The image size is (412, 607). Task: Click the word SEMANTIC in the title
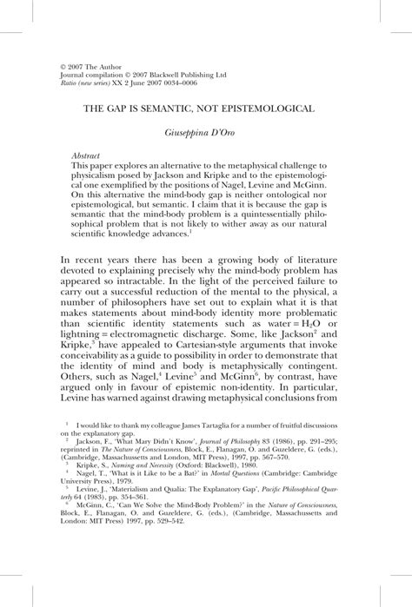tap(176, 111)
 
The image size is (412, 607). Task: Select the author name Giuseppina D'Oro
tap(206, 136)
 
